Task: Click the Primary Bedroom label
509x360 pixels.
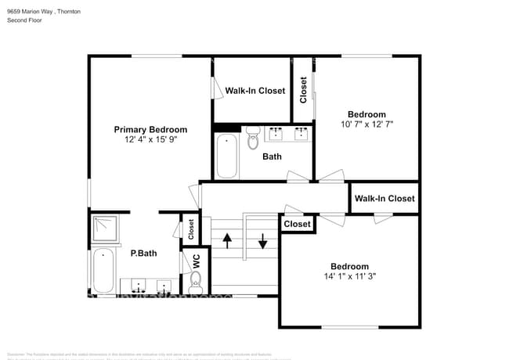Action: tap(150, 130)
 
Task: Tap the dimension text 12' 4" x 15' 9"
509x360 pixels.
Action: tap(150, 141)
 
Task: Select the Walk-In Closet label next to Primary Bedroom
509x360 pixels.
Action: tap(255, 91)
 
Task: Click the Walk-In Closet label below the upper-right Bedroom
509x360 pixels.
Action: tap(384, 199)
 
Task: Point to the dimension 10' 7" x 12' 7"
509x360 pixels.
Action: tap(366, 124)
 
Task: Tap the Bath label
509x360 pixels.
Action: tap(272, 157)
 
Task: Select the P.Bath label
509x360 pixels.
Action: tap(143, 253)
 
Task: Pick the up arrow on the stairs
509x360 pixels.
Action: tap(227, 239)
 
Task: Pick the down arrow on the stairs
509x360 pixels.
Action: tap(263, 239)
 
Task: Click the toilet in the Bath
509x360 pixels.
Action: tap(253, 139)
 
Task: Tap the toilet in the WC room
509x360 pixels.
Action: tap(196, 279)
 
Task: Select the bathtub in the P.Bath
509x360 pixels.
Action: tap(103, 270)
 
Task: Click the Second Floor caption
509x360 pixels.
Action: tap(24, 20)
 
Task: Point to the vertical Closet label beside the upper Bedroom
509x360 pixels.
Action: tap(303, 90)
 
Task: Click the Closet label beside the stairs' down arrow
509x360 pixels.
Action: tap(297, 225)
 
